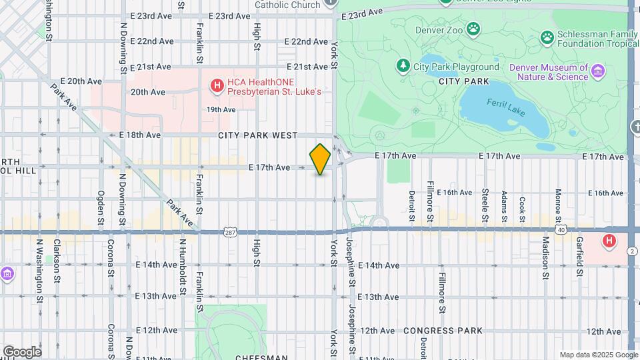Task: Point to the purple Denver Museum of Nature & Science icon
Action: click(598, 71)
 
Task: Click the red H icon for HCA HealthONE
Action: click(216, 85)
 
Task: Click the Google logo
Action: click(21, 351)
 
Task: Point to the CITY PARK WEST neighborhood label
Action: click(257, 135)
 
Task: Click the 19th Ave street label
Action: click(221, 109)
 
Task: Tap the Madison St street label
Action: click(545, 257)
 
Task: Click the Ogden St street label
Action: click(101, 209)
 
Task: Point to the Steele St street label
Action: click(485, 205)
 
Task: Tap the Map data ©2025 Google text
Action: click(598, 355)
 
